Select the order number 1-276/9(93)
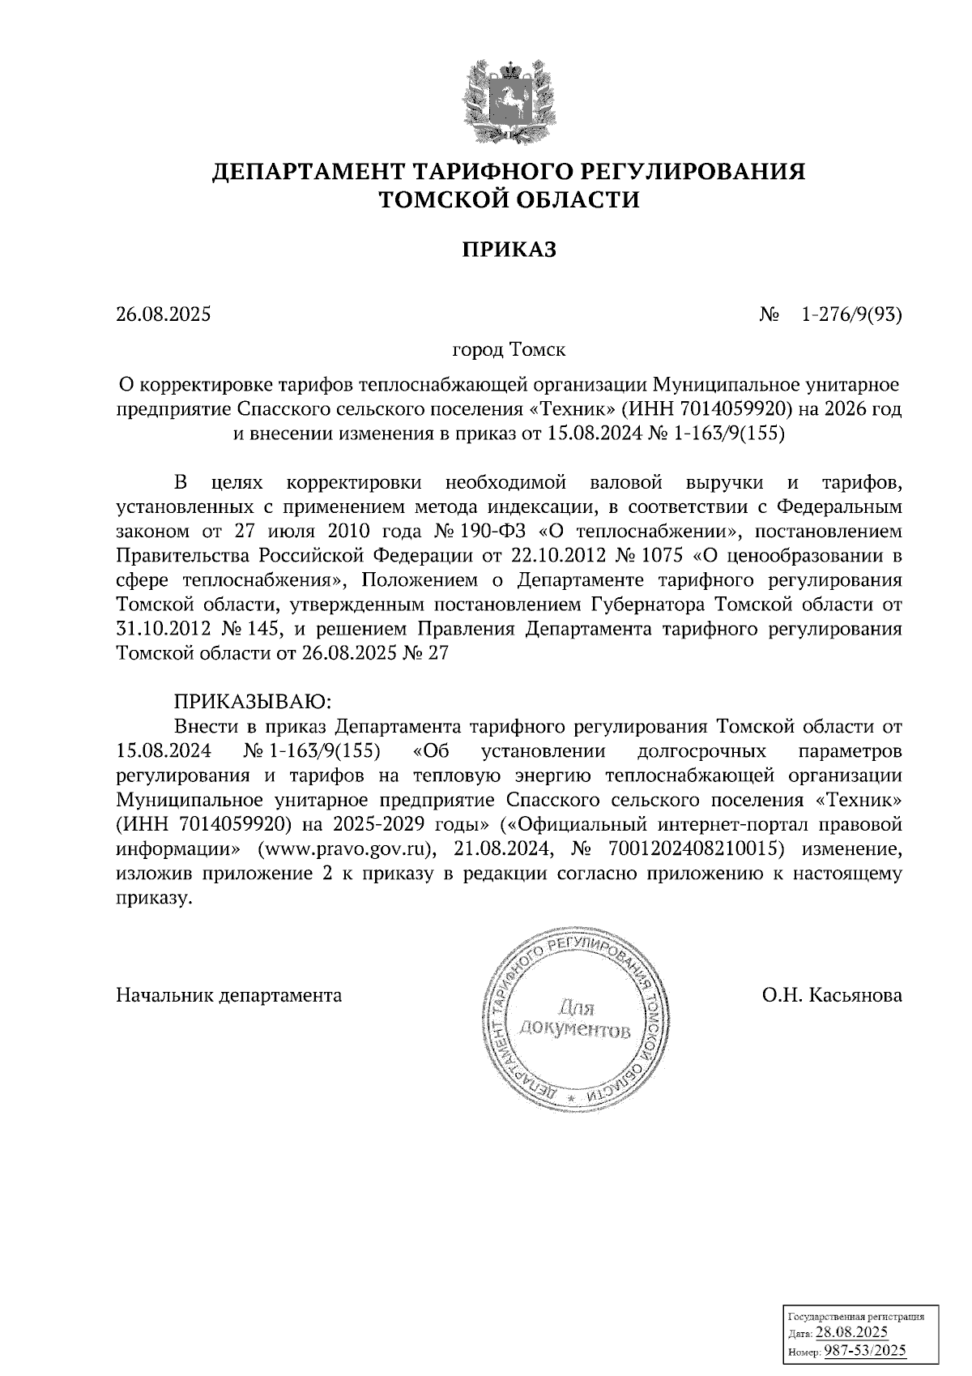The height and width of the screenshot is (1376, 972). click(850, 314)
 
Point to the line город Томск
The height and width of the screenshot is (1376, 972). click(509, 350)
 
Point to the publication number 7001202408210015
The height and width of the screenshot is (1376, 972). click(710, 849)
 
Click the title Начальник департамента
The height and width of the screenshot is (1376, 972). click(229, 994)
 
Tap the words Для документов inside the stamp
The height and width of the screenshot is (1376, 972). click(575, 1019)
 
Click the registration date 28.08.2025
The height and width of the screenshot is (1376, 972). click(851, 1332)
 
